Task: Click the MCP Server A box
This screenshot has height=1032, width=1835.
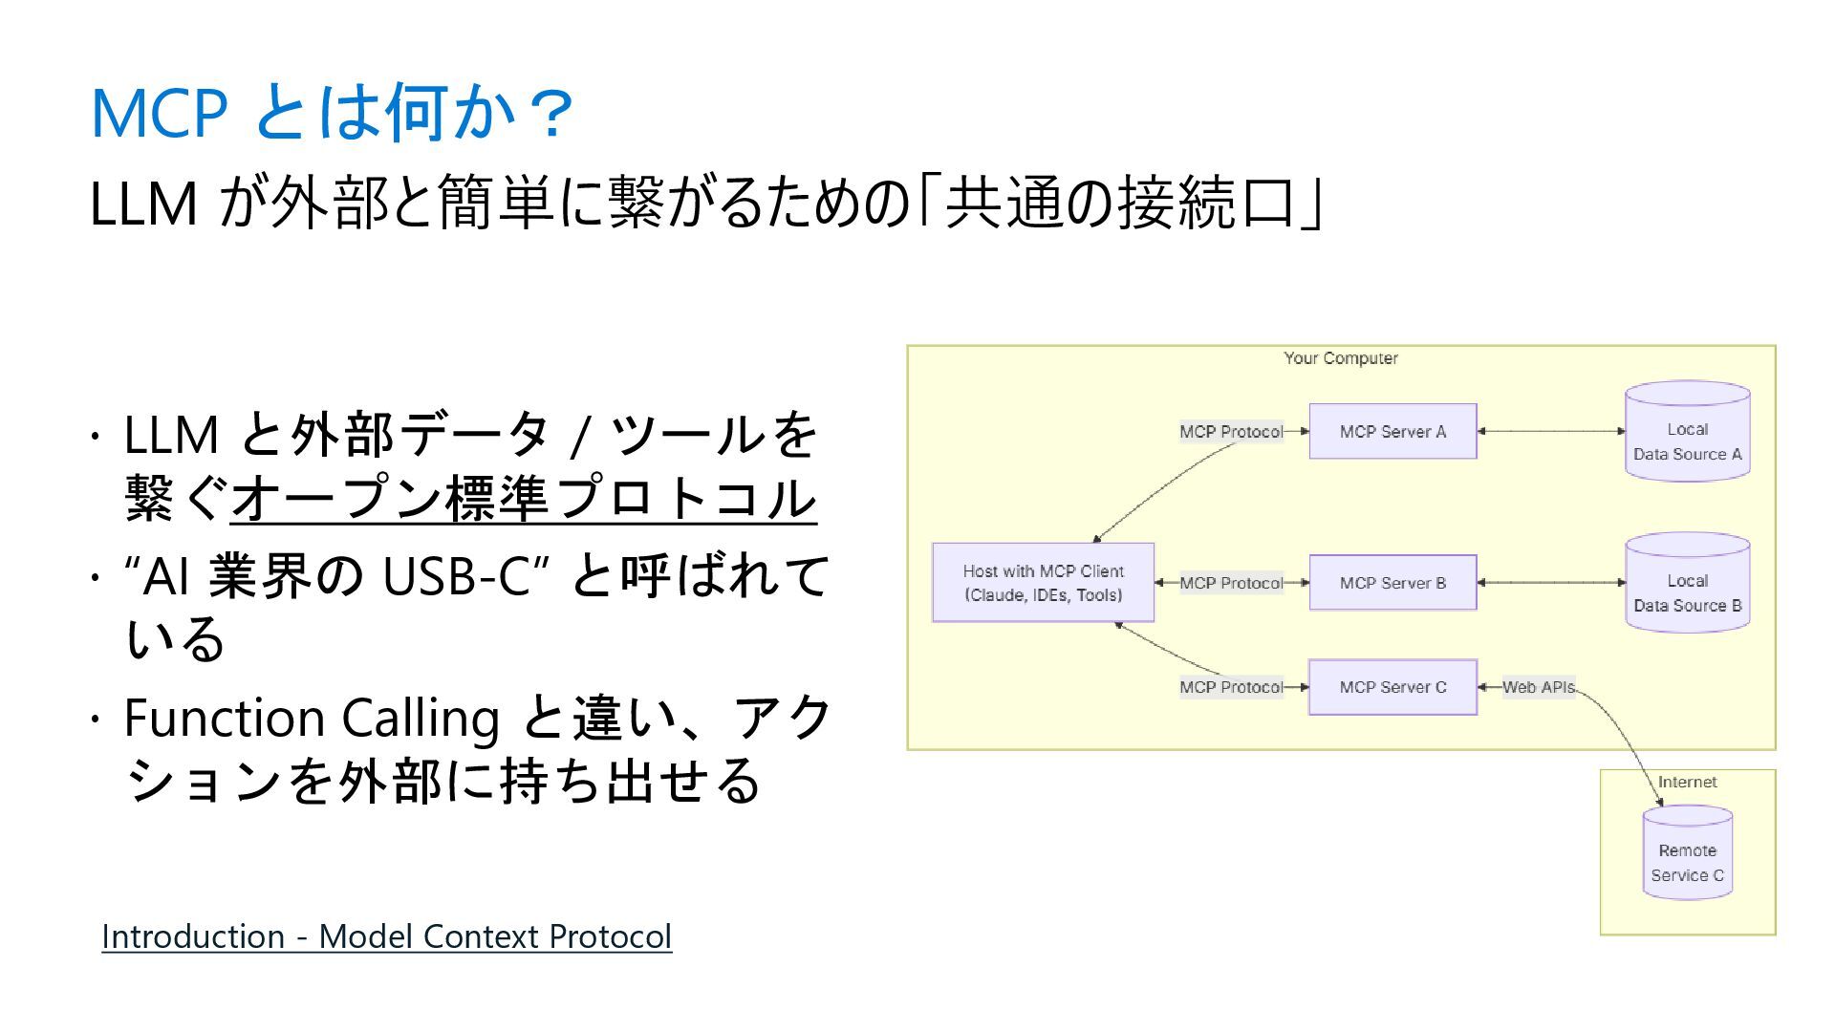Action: tap(1392, 432)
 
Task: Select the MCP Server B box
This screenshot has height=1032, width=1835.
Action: tap(1392, 583)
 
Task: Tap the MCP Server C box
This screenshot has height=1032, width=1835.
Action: tap(1392, 687)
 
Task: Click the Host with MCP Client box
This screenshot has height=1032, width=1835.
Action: tap(1043, 583)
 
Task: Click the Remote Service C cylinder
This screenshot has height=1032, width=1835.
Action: tap(1687, 854)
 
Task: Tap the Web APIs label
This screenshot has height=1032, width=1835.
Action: tap(1538, 687)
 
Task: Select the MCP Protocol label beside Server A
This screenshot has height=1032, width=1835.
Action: tap(1231, 432)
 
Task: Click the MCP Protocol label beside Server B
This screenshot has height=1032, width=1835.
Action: tap(1231, 583)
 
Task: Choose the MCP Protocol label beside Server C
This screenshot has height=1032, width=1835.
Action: tap(1231, 687)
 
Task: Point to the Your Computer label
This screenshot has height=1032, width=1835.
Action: tap(1340, 358)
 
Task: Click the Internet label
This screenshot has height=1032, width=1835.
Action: tap(1687, 782)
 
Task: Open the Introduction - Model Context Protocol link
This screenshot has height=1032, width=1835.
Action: tap(386, 936)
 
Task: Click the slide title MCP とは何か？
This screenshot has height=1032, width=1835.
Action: tap(331, 113)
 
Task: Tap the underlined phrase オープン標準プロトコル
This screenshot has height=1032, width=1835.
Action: tap(523, 499)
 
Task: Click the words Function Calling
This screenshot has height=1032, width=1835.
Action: tap(312, 719)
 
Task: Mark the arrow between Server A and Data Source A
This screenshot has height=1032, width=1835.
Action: tap(1551, 432)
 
